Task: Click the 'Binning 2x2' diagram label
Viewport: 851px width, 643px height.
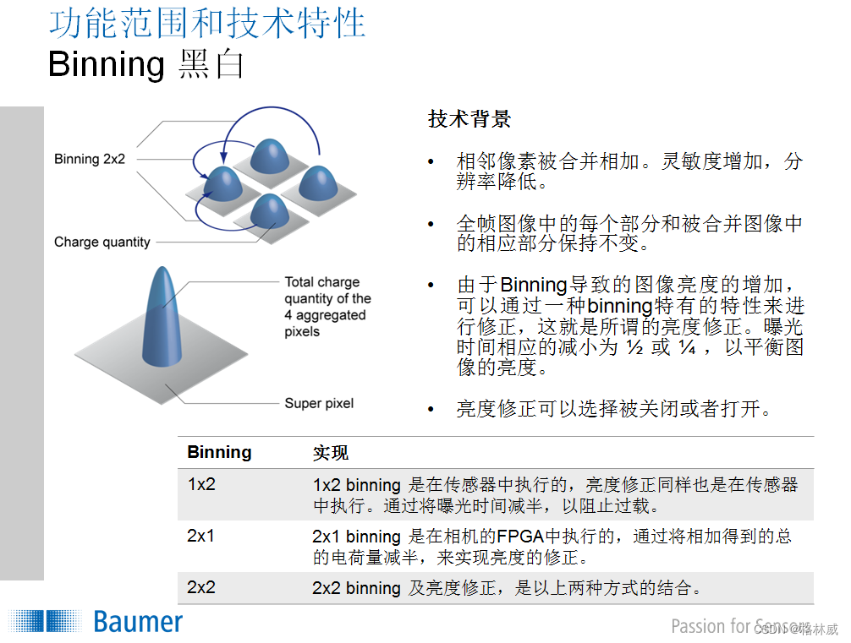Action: click(90, 159)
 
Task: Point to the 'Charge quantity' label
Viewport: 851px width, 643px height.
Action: click(102, 242)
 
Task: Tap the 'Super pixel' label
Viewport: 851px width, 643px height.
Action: click(319, 404)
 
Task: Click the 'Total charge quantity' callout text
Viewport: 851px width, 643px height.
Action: click(327, 307)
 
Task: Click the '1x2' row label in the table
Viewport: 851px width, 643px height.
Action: click(201, 485)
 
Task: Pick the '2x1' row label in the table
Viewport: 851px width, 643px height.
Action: click(201, 537)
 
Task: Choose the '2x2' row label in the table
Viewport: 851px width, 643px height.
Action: click(201, 587)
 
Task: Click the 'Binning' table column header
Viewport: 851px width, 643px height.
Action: click(219, 453)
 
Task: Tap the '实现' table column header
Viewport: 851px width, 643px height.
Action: click(330, 454)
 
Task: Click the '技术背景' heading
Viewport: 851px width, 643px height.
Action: click(469, 119)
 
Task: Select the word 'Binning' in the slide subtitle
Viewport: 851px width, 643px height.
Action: click(107, 64)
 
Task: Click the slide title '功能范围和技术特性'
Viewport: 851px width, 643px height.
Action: click(207, 24)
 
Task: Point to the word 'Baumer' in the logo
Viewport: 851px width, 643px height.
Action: click(138, 623)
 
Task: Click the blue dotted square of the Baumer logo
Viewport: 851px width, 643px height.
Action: click(47, 623)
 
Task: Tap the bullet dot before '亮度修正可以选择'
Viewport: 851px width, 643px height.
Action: click(432, 410)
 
